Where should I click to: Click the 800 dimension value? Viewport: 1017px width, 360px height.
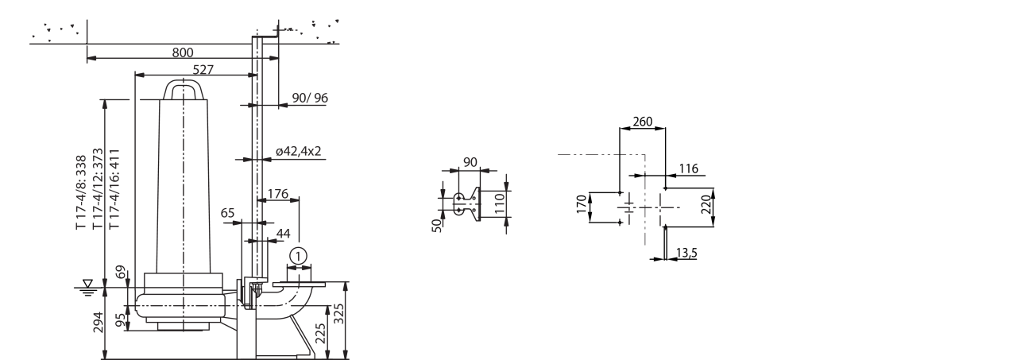(x=183, y=52)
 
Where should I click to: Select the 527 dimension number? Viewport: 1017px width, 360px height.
(x=203, y=70)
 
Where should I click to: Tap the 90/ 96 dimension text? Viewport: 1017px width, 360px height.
(x=310, y=98)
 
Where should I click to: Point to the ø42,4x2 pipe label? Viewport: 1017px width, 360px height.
(x=298, y=151)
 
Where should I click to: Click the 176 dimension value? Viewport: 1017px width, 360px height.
(x=277, y=194)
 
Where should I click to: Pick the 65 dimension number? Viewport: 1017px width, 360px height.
(x=227, y=213)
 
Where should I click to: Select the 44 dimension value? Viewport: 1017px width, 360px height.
(x=284, y=234)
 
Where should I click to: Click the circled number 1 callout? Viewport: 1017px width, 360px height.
(x=298, y=257)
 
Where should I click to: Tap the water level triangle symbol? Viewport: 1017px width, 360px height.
(x=87, y=283)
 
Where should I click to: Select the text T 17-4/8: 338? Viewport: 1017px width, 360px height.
(x=81, y=192)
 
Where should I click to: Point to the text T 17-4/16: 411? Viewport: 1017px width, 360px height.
(x=114, y=188)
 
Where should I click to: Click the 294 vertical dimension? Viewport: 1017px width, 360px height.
(x=99, y=322)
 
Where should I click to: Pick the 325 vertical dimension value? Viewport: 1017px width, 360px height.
(x=339, y=314)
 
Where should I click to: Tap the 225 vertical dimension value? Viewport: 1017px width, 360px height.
(x=320, y=333)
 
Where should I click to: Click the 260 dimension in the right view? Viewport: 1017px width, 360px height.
(x=643, y=122)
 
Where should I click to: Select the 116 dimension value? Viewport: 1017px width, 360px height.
(x=688, y=169)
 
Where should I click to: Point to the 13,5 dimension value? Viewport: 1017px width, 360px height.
(x=686, y=253)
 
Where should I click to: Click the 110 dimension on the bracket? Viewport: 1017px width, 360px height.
(x=499, y=203)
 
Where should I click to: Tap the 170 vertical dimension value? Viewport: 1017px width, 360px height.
(x=582, y=204)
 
